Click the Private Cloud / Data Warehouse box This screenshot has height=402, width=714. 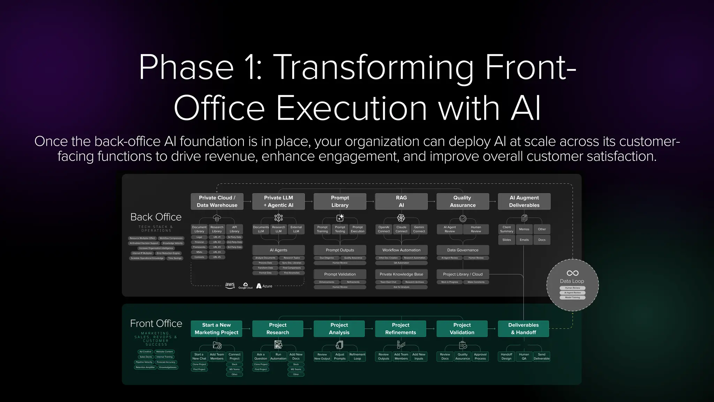coord(217,201)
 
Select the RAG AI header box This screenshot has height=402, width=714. coord(401,201)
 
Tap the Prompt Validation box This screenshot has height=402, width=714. coord(340,274)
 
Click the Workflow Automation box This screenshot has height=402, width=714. coord(401,250)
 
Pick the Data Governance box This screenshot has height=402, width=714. coord(463,250)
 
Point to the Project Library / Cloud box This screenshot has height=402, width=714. coord(463,274)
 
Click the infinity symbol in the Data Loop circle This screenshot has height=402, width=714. coord(572,273)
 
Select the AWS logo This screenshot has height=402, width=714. coord(230,285)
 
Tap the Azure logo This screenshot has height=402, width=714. coord(264,286)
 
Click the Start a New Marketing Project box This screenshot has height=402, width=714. coord(217,329)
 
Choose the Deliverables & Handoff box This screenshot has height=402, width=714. coord(523,329)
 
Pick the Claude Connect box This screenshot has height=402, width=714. coord(401,229)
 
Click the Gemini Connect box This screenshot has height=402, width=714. coord(419,229)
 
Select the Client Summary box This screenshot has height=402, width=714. coord(507,229)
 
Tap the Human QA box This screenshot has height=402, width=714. coord(524,356)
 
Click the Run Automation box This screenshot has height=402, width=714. coord(278,356)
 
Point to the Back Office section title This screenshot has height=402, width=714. coord(156,217)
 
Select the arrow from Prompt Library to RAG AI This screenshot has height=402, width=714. coord(370,201)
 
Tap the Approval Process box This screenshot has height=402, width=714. coord(480,356)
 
